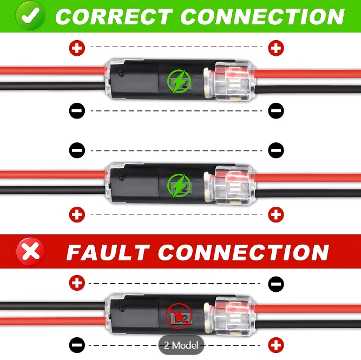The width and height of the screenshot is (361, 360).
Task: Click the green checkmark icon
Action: (x=30, y=16)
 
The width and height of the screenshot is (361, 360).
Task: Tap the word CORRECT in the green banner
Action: (x=114, y=16)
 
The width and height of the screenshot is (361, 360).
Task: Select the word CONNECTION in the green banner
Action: (x=262, y=16)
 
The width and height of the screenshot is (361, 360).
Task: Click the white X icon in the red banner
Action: (x=30, y=252)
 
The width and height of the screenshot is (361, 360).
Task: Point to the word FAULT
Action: (x=108, y=252)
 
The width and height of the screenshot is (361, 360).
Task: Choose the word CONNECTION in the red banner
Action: (x=244, y=252)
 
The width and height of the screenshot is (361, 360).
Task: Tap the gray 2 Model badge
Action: (x=181, y=345)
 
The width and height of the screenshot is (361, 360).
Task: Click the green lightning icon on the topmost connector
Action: (x=179, y=81)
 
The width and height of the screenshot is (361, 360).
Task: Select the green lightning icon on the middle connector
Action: (x=179, y=185)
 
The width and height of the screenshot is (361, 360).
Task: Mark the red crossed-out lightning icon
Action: (x=179, y=316)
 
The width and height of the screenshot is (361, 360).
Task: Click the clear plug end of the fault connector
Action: (x=235, y=315)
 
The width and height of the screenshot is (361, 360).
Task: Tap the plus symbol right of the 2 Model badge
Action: (x=276, y=345)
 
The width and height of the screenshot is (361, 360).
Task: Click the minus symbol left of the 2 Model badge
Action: (x=77, y=345)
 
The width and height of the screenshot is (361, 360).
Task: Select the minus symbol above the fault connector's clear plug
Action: (x=276, y=284)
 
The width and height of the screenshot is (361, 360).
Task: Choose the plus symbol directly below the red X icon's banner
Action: (x=77, y=283)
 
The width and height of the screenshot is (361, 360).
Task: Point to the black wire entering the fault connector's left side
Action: (x=52, y=306)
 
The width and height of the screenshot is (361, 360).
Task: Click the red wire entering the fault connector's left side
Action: (x=52, y=321)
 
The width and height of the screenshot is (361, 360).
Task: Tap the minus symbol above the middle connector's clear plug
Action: (x=276, y=150)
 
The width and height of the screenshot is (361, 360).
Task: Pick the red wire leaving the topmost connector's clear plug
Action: (x=307, y=74)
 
